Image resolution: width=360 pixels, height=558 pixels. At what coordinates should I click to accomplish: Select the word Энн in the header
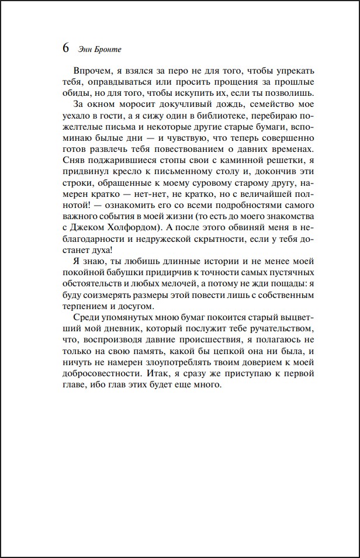(85, 49)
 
